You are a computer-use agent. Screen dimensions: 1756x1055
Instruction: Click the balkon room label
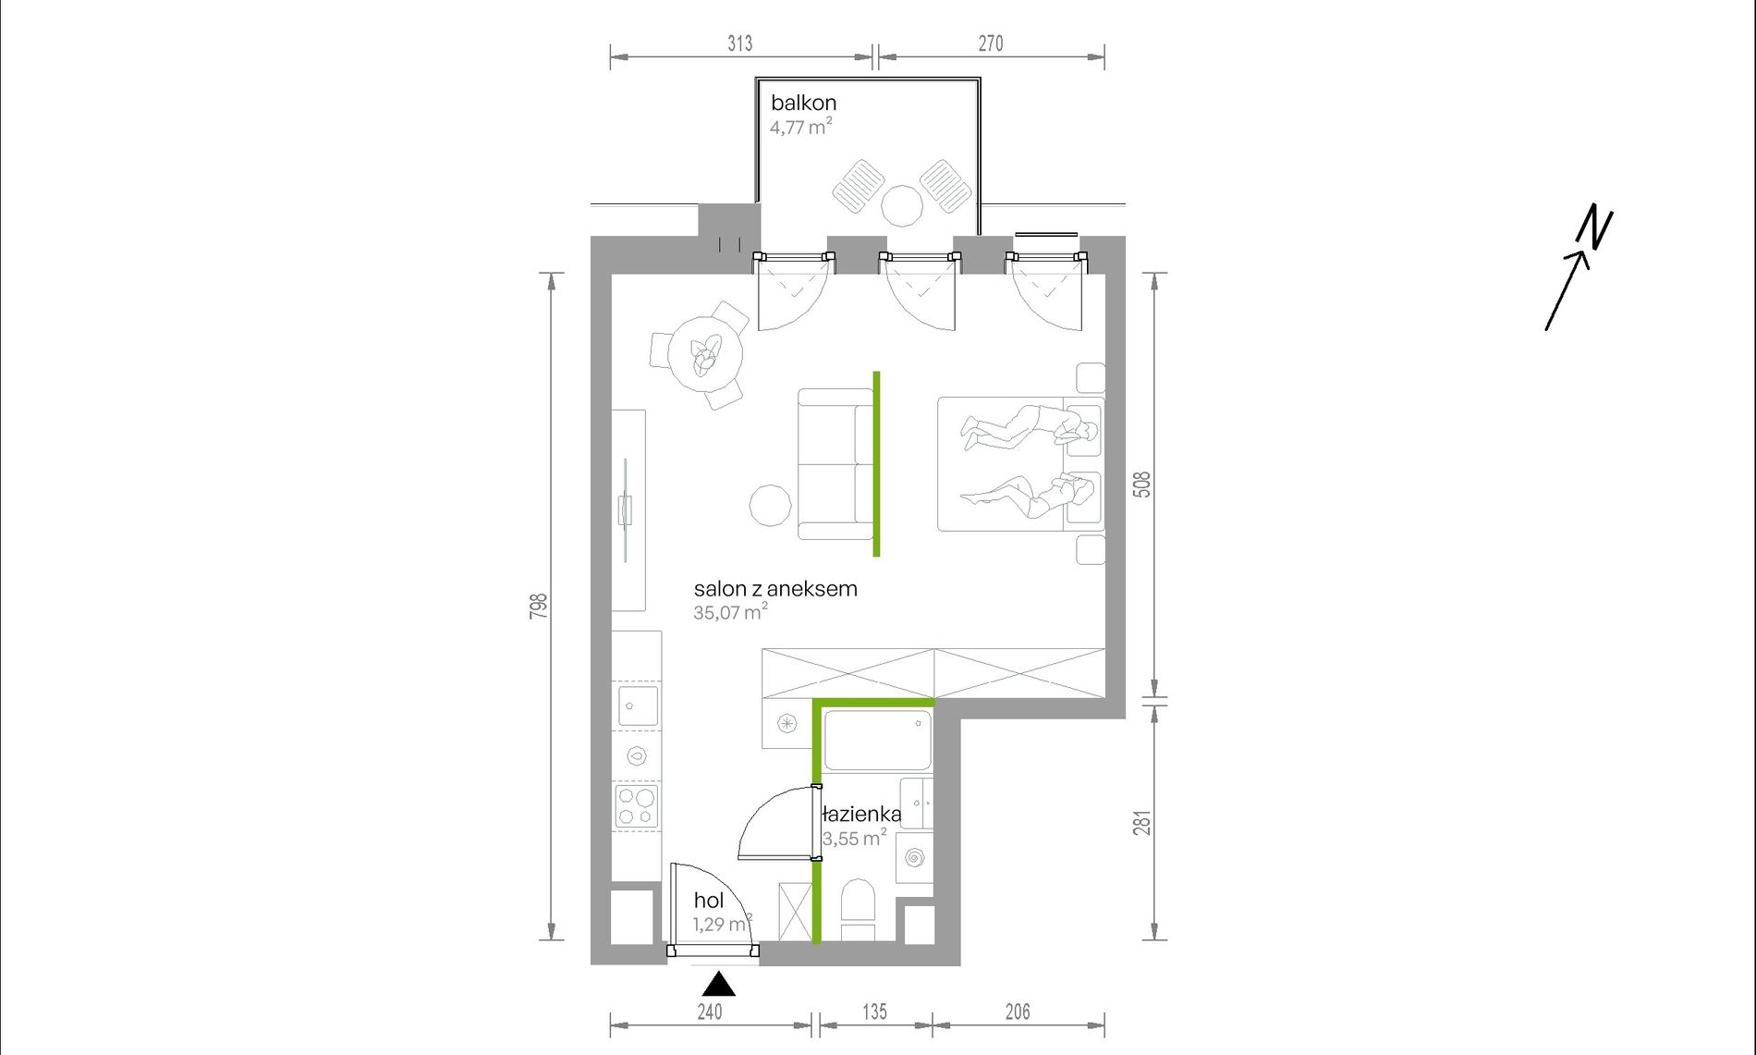(803, 103)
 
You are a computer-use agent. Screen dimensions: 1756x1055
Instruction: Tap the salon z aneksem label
(775, 589)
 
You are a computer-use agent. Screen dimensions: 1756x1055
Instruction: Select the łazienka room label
(861, 815)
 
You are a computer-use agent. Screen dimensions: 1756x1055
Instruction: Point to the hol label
(709, 901)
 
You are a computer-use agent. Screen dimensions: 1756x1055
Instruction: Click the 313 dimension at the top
(740, 43)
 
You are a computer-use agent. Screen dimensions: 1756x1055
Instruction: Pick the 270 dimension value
(991, 43)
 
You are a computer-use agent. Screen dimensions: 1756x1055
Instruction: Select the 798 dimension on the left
(539, 607)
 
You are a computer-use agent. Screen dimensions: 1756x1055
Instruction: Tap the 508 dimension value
(1143, 485)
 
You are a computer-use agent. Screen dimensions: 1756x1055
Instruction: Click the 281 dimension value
(1143, 824)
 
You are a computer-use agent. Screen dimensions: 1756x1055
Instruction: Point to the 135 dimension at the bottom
(874, 1012)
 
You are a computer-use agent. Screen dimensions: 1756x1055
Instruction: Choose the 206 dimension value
(1018, 1012)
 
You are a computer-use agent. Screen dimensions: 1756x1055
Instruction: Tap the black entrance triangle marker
(718, 984)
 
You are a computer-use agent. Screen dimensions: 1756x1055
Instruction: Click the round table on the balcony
(902, 205)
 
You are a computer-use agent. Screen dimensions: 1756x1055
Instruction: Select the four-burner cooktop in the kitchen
(637, 806)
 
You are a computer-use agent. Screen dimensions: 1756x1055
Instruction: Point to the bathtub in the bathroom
(877, 740)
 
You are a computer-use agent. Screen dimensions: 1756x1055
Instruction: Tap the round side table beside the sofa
(770, 506)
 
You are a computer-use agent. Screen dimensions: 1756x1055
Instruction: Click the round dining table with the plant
(706, 353)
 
